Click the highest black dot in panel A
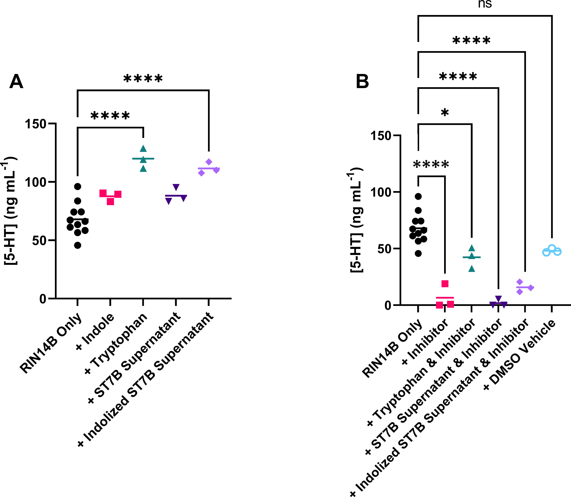(x=78, y=186)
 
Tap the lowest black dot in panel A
(x=78, y=245)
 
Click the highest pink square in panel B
(x=445, y=284)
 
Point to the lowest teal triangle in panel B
(x=472, y=268)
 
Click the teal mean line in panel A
(x=143, y=159)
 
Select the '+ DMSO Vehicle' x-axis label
(x=520, y=355)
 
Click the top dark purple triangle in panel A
(x=176, y=187)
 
